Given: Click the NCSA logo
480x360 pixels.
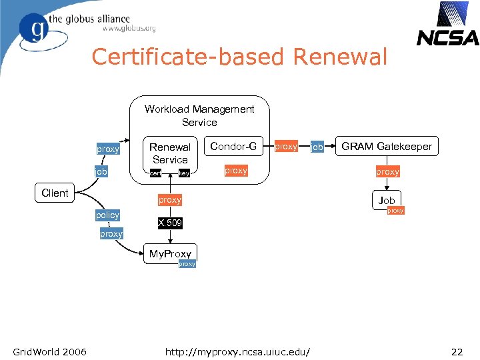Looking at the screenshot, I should pyautogui.click(x=447, y=25).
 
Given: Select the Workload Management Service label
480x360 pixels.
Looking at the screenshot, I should pyautogui.click(x=199, y=115).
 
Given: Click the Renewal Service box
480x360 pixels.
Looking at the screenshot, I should pyautogui.click(x=170, y=153).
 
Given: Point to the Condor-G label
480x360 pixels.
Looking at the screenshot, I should pyautogui.click(x=233, y=146).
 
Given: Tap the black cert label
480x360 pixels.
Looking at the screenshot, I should pyautogui.click(x=155, y=173).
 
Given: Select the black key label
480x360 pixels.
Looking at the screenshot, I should pyautogui.click(x=185, y=173).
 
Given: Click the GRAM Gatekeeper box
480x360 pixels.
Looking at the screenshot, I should pyautogui.click(x=387, y=146).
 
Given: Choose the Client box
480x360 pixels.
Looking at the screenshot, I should pyautogui.click(x=55, y=193).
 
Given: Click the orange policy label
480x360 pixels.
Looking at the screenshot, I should pyautogui.click(x=107, y=215).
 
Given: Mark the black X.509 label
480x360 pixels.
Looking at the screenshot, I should pyautogui.click(x=170, y=223).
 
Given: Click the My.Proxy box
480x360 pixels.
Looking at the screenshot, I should pyautogui.click(x=170, y=253).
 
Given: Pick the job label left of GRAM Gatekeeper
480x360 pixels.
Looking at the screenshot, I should pyautogui.click(x=317, y=147).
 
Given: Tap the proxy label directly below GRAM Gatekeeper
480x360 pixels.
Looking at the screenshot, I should pyautogui.click(x=387, y=171).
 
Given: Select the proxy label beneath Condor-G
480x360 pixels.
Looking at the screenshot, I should pyautogui.click(x=236, y=171).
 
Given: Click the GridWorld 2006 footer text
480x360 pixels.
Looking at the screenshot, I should pyautogui.click(x=49, y=351).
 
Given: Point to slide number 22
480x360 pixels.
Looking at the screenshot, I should pyautogui.click(x=457, y=351).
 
